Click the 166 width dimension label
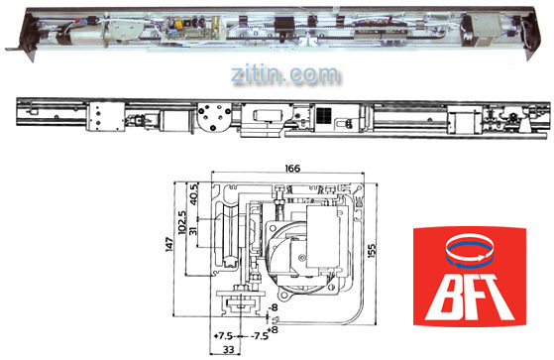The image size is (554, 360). (x=292, y=168)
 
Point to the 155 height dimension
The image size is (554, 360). (x=372, y=250)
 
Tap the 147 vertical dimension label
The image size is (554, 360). (x=169, y=245)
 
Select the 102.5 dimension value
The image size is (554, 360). (x=182, y=223)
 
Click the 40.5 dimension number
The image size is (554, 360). (x=193, y=193)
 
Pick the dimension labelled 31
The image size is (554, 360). (x=193, y=231)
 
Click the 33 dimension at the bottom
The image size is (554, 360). (x=229, y=350)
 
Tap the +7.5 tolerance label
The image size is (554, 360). (x=224, y=335)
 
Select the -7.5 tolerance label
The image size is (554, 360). (x=260, y=335)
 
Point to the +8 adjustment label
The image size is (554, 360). (x=274, y=329)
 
